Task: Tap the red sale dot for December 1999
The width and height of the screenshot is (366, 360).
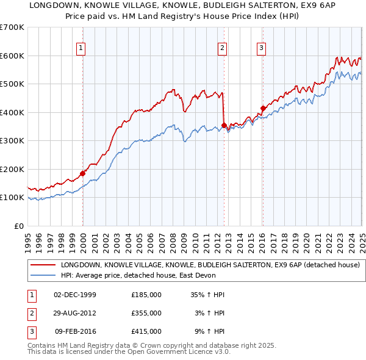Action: coord(82,173)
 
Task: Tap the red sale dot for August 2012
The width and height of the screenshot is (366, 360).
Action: coord(224,126)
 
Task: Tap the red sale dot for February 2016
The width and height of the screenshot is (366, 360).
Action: coord(263,109)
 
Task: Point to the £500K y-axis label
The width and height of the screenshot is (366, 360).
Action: coord(12,84)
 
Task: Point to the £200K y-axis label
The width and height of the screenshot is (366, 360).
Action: coord(12,169)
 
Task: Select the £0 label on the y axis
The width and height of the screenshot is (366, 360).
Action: coord(18,226)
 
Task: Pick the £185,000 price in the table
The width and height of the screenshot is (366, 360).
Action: coord(146,295)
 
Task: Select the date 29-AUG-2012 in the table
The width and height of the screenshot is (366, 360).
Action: coord(75,313)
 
